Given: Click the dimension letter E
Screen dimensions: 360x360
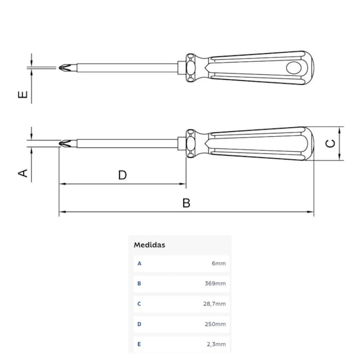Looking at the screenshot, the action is coord(23,95).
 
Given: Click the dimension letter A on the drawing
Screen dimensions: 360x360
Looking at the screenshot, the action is coord(23,173).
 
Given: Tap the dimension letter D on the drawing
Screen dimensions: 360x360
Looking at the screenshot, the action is coord(122,175).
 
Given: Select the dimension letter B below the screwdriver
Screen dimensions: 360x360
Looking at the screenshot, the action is coord(186,203).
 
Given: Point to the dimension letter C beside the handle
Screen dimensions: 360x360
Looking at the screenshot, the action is coord(331,143).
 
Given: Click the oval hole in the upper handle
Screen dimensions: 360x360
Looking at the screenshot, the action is coord(294,68).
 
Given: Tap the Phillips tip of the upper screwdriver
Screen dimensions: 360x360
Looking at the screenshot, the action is coord(65,68).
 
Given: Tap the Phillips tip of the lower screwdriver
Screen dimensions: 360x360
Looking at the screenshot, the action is coord(65,143).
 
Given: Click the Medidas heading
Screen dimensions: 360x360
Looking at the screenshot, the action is coord(150,245).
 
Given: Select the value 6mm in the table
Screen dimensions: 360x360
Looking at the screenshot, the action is coord(219,263).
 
